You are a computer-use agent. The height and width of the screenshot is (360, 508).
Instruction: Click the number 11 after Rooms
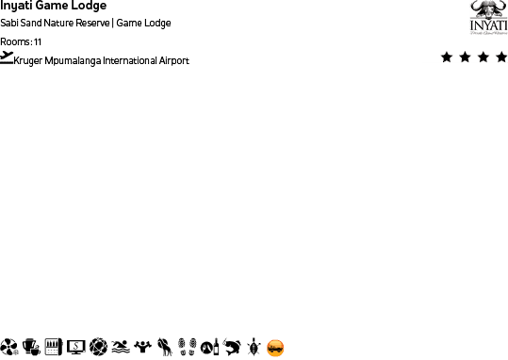[38, 42]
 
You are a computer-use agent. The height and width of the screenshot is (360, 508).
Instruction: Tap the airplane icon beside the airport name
[8, 57]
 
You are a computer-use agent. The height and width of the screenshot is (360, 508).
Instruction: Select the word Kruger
[29, 61]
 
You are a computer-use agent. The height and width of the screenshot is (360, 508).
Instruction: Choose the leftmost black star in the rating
[447, 57]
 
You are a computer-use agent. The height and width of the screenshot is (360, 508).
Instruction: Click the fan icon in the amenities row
[9, 347]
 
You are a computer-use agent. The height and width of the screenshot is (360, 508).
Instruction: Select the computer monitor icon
[76, 347]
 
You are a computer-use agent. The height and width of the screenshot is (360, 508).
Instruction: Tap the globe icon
[98, 347]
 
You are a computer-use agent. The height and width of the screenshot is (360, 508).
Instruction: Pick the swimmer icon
[120, 347]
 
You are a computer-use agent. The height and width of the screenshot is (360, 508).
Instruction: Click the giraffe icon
[165, 347]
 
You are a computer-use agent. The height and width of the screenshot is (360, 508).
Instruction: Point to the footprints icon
[187, 347]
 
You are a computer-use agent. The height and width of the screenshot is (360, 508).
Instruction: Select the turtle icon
[254, 347]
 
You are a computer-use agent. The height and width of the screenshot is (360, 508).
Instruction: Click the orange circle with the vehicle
[275, 348]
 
